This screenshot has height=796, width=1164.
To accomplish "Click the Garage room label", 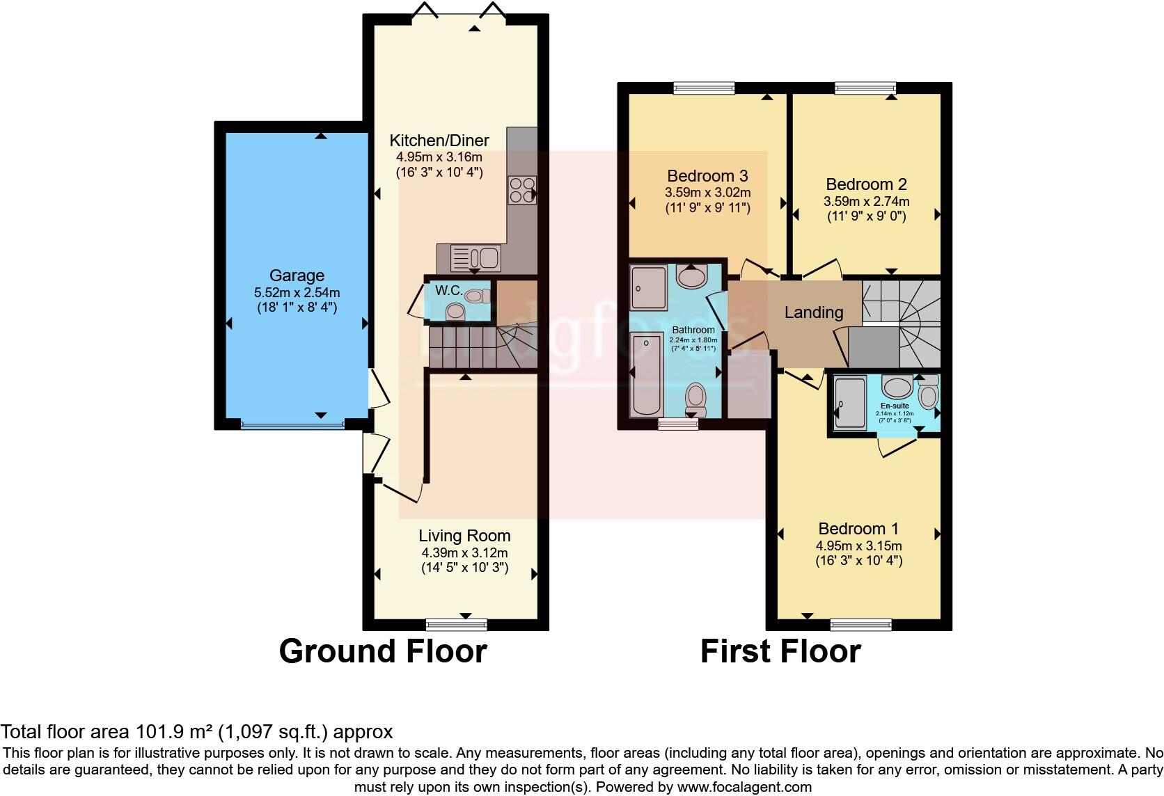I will [x=297, y=276].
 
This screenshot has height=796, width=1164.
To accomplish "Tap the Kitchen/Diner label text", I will [x=439, y=140].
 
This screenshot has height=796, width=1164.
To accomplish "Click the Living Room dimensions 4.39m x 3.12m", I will [x=464, y=552].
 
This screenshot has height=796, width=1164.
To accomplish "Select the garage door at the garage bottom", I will [x=292, y=424].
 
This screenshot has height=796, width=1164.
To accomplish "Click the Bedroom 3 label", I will [x=707, y=175].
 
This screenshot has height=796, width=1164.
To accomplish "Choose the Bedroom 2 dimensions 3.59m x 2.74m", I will [x=866, y=201].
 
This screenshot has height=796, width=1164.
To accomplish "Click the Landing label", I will [x=813, y=312].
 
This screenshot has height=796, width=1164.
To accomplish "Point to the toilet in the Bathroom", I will [x=695, y=399].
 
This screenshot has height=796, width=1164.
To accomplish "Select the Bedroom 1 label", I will [x=858, y=528].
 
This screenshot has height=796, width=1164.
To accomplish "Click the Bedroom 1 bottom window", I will [x=860, y=624].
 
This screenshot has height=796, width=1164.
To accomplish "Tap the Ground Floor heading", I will [x=382, y=651].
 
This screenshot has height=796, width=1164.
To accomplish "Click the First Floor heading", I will [x=780, y=651].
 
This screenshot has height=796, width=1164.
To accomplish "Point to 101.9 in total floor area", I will [x=153, y=731].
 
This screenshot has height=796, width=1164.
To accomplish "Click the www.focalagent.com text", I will [x=744, y=787].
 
